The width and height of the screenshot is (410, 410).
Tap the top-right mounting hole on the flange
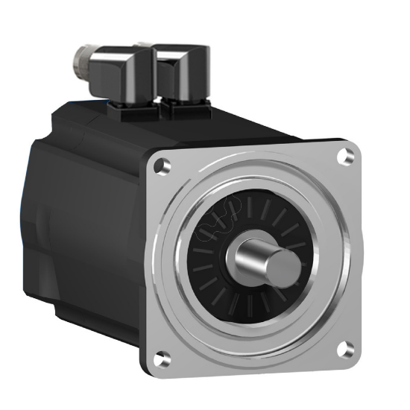344,156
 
